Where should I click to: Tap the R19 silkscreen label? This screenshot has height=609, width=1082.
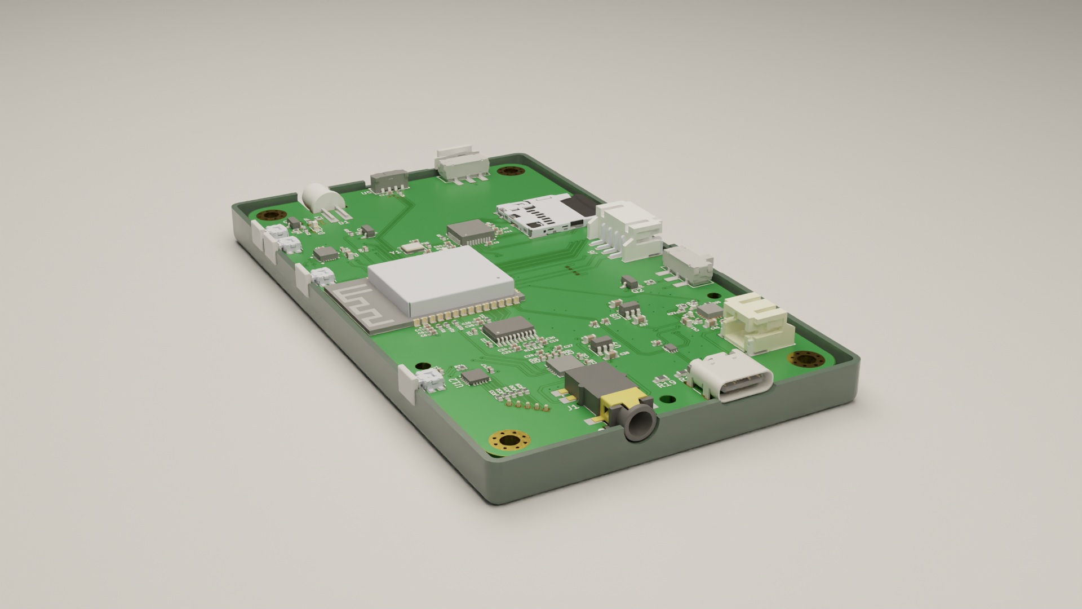666,383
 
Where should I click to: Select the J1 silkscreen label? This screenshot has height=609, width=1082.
572,406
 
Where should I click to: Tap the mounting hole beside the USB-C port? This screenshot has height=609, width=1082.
806,359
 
